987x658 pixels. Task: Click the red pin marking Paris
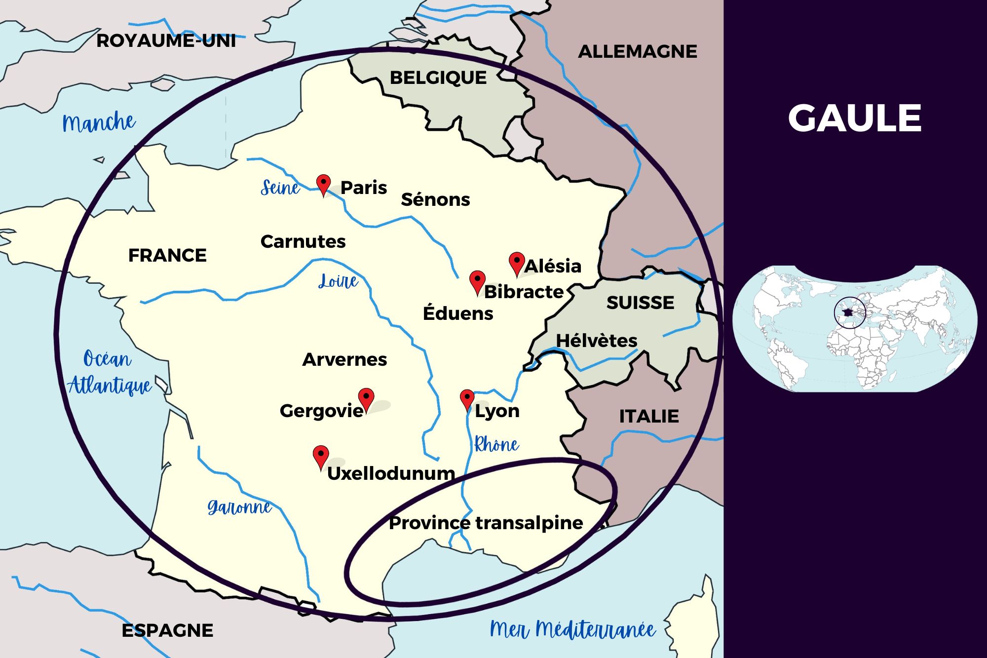click(x=323, y=184)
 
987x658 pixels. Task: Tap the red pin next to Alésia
click(x=517, y=263)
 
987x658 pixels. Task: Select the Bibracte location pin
click(x=477, y=281)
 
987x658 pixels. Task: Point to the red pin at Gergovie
click(x=366, y=399)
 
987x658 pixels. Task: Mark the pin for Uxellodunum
click(x=321, y=456)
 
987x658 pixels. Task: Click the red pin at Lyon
click(x=467, y=399)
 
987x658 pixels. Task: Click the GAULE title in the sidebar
click(x=854, y=118)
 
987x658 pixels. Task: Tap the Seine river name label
click(x=280, y=188)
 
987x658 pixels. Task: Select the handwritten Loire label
click(x=338, y=281)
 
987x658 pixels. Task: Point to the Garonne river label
click(x=239, y=507)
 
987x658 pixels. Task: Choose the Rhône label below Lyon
click(x=496, y=445)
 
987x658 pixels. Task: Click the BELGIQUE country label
click(x=438, y=78)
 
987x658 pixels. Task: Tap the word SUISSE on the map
click(x=640, y=303)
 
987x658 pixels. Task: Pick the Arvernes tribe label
click(x=344, y=360)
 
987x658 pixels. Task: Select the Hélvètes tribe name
click(x=597, y=341)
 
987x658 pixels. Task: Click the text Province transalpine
click(x=486, y=523)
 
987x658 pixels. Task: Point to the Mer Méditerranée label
click(x=572, y=630)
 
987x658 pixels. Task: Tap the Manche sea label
click(x=99, y=122)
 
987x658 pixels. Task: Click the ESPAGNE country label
click(x=167, y=630)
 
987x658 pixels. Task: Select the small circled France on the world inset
click(x=849, y=312)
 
